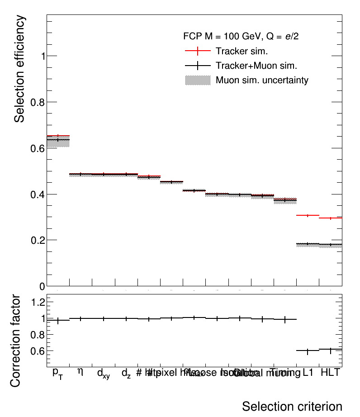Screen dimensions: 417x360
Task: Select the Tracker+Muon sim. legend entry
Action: [256, 66]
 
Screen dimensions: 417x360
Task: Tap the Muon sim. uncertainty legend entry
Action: [262, 81]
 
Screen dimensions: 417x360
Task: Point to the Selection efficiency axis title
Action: [19, 69]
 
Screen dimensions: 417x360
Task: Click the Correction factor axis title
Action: [15, 340]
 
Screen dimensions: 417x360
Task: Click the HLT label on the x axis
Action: [330, 373]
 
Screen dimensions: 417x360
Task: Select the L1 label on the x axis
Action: [308, 373]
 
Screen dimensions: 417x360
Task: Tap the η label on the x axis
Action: [81, 372]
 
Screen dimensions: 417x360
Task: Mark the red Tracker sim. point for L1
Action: [308, 215]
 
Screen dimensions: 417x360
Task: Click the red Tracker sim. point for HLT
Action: [331, 218]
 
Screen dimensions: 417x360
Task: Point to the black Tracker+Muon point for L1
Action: [308, 244]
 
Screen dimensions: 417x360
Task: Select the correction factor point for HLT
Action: [331, 350]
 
